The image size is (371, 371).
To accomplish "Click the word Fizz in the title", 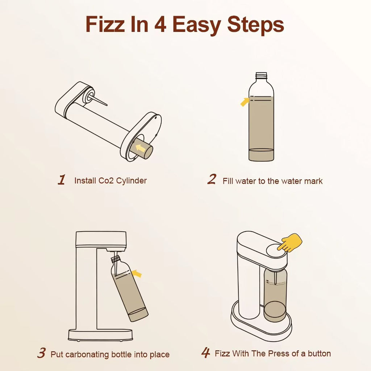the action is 105,24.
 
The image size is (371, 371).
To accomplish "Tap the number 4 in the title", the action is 160,24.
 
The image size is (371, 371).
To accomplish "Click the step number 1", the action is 62,180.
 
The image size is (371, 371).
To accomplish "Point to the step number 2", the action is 212,179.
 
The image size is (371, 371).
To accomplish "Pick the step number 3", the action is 41,353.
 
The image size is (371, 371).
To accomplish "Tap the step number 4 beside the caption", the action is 206,353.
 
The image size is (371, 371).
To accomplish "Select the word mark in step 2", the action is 313,181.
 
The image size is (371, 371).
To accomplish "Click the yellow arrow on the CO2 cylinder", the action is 141,148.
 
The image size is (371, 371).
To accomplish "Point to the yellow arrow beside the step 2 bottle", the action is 245,102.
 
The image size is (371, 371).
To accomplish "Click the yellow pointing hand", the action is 289,242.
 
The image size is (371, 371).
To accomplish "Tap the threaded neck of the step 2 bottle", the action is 261,76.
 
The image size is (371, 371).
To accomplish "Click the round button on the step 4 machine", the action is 276,251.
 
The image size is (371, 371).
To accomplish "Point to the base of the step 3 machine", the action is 100,335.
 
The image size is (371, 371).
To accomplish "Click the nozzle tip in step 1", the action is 107,105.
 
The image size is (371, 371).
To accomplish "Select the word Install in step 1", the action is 85,180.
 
